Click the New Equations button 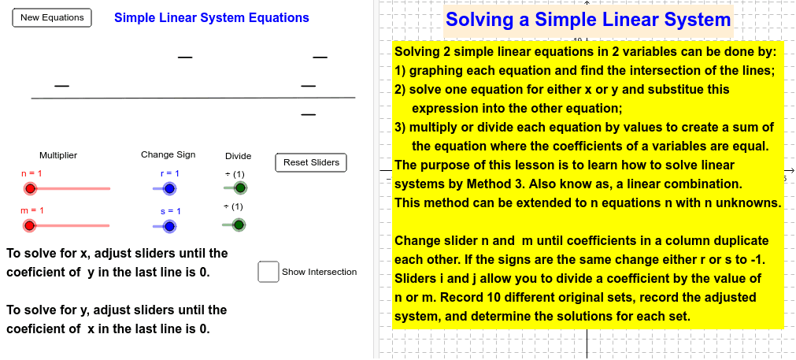[52, 18]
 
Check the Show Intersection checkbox [268, 272]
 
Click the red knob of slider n [30, 189]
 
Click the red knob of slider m [29, 225]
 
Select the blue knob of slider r [169, 189]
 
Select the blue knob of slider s [169, 226]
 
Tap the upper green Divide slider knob [241, 187]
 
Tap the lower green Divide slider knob [239, 225]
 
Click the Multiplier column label [58, 155]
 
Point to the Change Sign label [168, 154]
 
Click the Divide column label [238, 156]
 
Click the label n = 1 [31, 173]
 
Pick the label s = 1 [171, 211]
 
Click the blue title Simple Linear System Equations [212, 18]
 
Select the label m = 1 [32, 210]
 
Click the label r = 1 [169, 173]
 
